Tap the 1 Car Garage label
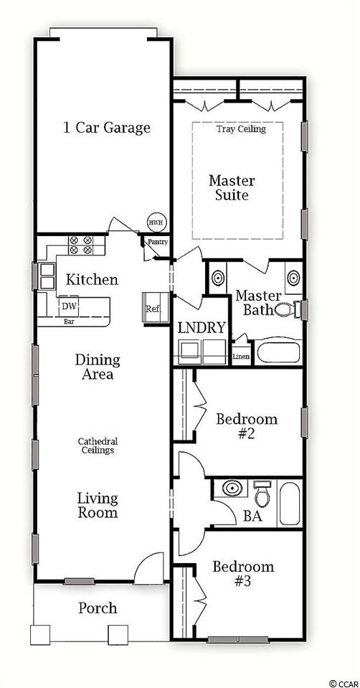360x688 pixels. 107,128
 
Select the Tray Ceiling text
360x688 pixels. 241,129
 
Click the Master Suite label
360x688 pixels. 232,188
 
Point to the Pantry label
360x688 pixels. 158,242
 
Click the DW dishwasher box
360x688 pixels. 69,306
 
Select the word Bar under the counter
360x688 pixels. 70,321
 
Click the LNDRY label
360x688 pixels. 202,327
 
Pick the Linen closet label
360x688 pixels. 241,357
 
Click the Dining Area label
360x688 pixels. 98,367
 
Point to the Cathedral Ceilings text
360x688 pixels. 98,446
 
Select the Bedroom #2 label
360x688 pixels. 247,426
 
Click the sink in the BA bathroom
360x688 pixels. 232,489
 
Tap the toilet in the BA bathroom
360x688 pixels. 262,494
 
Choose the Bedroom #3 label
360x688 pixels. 243,573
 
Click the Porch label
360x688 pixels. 98,608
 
